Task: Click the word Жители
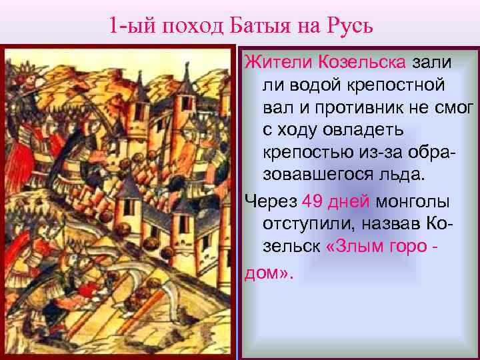click(x=269, y=64)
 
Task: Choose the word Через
click(x=270, y=201)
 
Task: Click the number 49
click(x=314, y=201)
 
